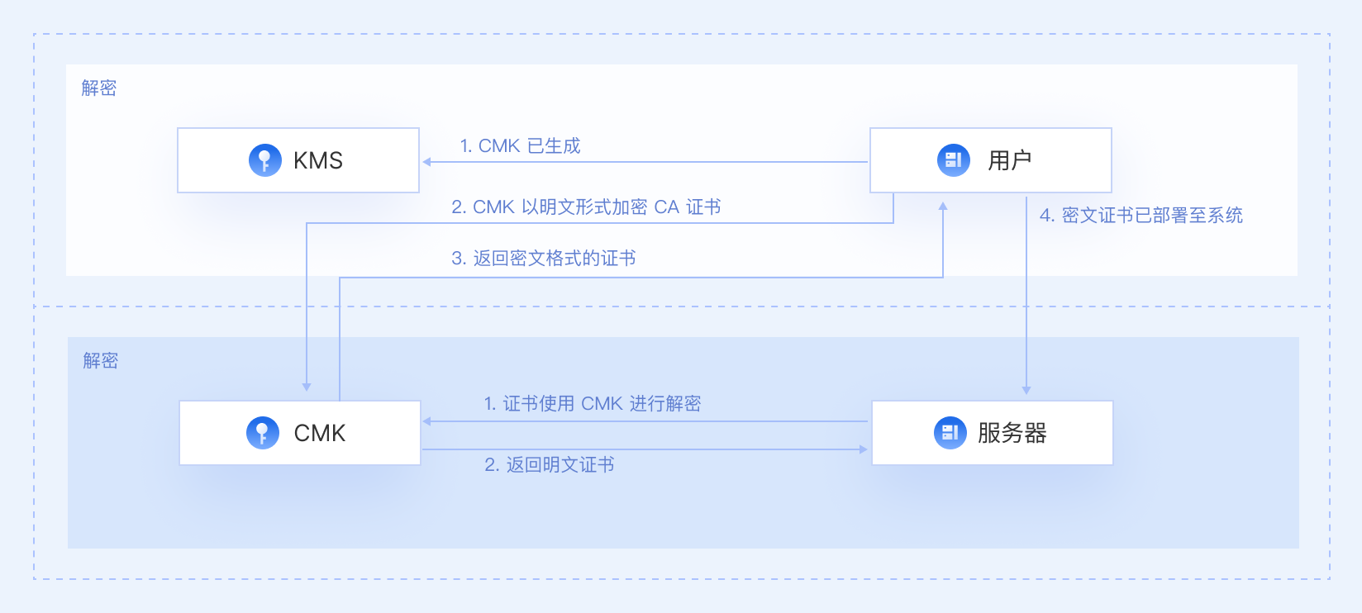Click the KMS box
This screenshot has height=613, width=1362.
[298, 160]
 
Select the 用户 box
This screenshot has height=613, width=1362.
[990, 160]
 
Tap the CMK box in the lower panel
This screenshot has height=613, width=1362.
[300, 433]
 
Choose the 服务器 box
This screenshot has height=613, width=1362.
[992, 433]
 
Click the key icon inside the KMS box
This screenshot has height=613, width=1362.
[264, 160]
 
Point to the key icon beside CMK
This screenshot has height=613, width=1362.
[262, 433]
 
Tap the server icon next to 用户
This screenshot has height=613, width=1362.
[953, 160]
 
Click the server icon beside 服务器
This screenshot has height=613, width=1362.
[950, 433]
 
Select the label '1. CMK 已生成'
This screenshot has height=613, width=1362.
[520, 146]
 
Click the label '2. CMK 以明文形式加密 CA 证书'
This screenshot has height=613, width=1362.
[586, 207]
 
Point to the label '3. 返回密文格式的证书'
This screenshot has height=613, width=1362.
[543, 259]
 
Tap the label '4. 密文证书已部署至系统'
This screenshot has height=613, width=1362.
[1141, 216]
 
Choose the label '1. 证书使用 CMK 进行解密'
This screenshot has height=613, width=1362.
[592, 404]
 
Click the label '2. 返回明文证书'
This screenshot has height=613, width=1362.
[549, 465]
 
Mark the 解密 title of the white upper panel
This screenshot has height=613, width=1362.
[99, 88]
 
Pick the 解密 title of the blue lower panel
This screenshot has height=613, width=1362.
[101, 361]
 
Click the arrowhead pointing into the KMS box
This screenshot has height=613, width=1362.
[427, 162]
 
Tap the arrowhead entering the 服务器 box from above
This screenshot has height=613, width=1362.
[1026, 390]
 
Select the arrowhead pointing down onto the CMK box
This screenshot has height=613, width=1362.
[307, 387]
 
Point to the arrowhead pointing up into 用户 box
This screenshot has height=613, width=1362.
[943, 206]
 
